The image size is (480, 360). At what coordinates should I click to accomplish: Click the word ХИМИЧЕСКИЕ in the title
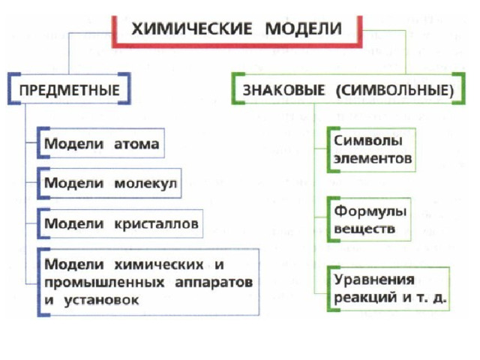pyautogui.click(x=192, y=28)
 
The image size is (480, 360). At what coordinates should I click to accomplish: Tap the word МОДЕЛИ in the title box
pyautogui.click(x=303, y=28)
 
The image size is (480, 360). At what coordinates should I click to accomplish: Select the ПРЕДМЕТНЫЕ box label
pyautogui.click(x=70, y=90)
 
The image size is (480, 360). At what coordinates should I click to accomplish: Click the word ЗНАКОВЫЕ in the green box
pyautogui.click(x=283, y=90)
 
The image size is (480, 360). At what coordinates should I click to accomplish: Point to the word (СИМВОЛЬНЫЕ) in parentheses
pyautogui.click(x=395, y=91)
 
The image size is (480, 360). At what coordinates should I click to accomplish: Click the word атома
pyautogui.click(x=136, y=144)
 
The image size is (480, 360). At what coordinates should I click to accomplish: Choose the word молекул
pyautogui.click(x=145, y=184)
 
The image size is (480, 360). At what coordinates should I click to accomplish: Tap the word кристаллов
pyautogui.click(x=156, y=223)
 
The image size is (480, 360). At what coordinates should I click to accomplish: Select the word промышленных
pyautogui.click(x=104, y=283)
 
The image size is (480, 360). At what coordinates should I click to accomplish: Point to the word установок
pyautogui.click(x=101, y=300)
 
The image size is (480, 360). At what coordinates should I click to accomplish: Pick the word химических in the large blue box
pyautogui.click(x=158, y=265)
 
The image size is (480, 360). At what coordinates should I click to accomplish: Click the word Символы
pyautogui.click(x=368, y=141)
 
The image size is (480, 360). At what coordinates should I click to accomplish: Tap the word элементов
pyautogui.click(x=373, y=159)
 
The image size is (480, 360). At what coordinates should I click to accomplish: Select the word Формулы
pyautogui.click(x=370, y=211)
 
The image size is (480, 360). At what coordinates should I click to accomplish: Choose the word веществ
pyautogui.click(x=364, y=229)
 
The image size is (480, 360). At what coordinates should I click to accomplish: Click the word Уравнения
pyautogui.click(x=374, y=280)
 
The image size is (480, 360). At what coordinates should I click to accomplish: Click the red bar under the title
pyautogui.click(x=237, y=46)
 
